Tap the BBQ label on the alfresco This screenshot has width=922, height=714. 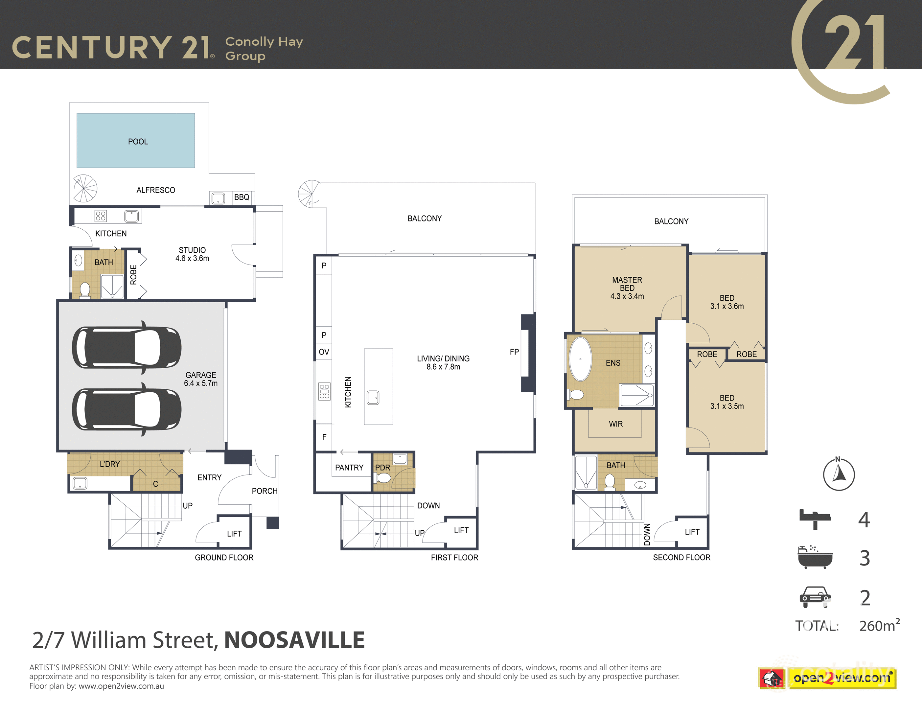242,197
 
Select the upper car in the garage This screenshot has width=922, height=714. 127,348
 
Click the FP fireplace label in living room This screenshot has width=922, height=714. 514,352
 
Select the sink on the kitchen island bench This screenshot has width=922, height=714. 373,397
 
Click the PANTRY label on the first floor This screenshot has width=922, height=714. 349,468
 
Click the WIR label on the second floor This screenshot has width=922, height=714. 615,424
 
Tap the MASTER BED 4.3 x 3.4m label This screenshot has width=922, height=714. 627,288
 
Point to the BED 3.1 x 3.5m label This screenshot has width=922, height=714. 727,402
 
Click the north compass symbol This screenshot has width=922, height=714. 839,474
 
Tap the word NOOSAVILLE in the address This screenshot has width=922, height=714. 294,640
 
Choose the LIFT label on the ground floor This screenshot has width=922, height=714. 234,534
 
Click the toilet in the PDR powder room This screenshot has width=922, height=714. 382,478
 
